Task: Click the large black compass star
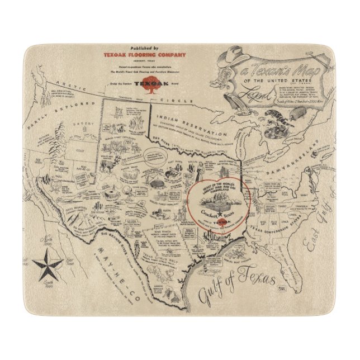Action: click(47, 264)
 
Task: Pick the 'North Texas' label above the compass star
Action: click(47, 244)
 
